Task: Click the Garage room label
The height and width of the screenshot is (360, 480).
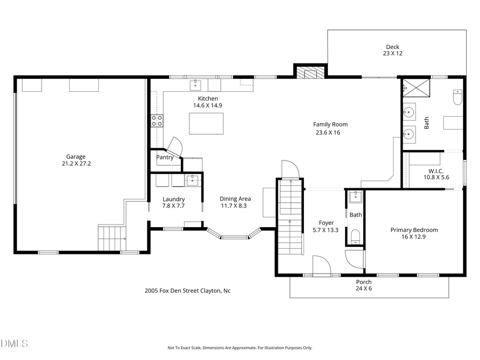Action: (x=76, y=157)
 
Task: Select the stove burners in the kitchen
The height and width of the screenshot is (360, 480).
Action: (x=157, y=121)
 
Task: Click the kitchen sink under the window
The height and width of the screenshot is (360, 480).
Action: (x=196, y=84)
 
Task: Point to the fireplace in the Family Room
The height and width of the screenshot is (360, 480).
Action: (x=310, y=73)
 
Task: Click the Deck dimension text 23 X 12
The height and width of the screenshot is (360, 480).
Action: (x=392, y=54)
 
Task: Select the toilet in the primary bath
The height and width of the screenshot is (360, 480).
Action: (x=457, y=98)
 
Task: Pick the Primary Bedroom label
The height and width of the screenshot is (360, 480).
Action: (x=414, y=230)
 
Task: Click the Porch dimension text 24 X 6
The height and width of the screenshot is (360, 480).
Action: (x=364, y=289)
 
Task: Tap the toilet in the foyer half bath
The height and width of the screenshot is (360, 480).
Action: (x=355, y=236)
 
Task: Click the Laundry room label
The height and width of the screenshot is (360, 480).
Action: (x=173, y=199)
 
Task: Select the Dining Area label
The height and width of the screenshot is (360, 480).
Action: (x=233, y=199)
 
